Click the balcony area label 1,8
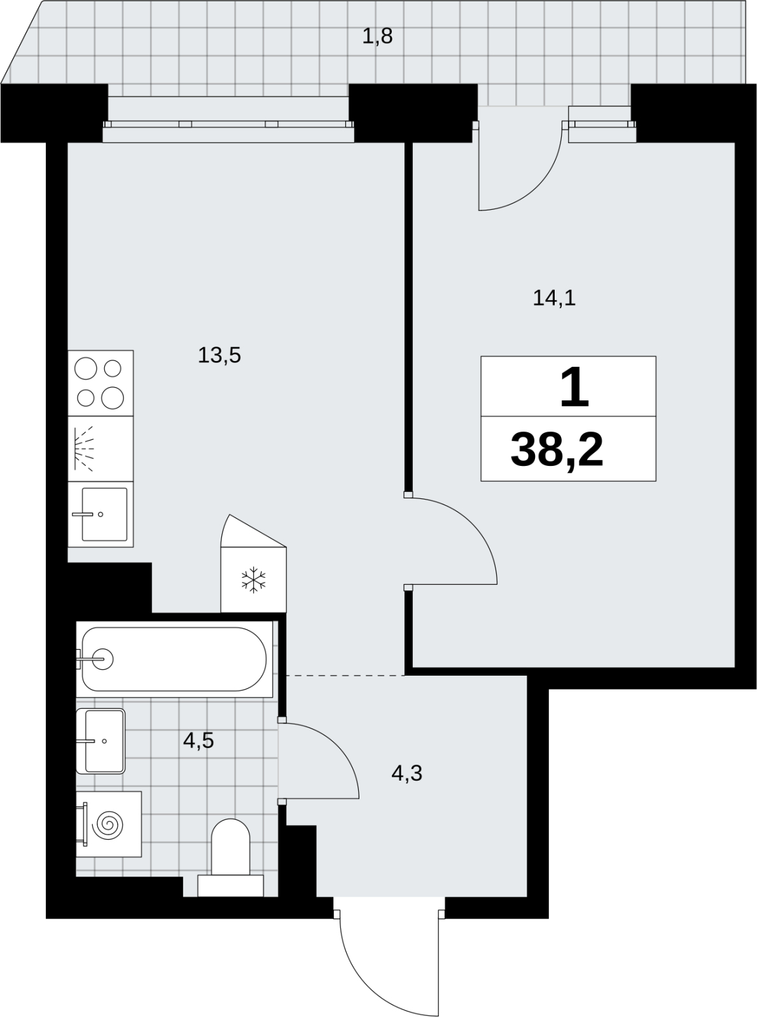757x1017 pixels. tap(377, 36)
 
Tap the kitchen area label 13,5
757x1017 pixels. tap(219, 355)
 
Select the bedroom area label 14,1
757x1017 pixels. tap(553, 299)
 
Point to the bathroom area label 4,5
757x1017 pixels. tap(198, 741)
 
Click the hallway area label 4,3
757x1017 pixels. tap(406, 773)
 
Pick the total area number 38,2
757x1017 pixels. tap(557, 451)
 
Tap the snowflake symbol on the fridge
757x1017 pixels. tap(253, 580)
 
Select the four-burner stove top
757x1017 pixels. tap(101, 383)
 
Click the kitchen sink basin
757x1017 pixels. tap(104, 514)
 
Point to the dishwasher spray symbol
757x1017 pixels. tap(84, 449)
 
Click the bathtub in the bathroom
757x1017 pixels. tap(174, 659)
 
